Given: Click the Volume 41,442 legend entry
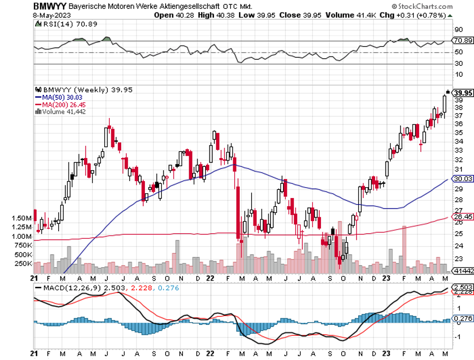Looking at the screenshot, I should tap(60, 111).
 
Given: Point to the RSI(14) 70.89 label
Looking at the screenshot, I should tap(61, 24).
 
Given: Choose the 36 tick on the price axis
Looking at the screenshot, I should tap(458, 123).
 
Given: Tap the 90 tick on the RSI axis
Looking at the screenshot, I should tap(457, 30).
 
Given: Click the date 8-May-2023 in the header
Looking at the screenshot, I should tap(19, 15).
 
